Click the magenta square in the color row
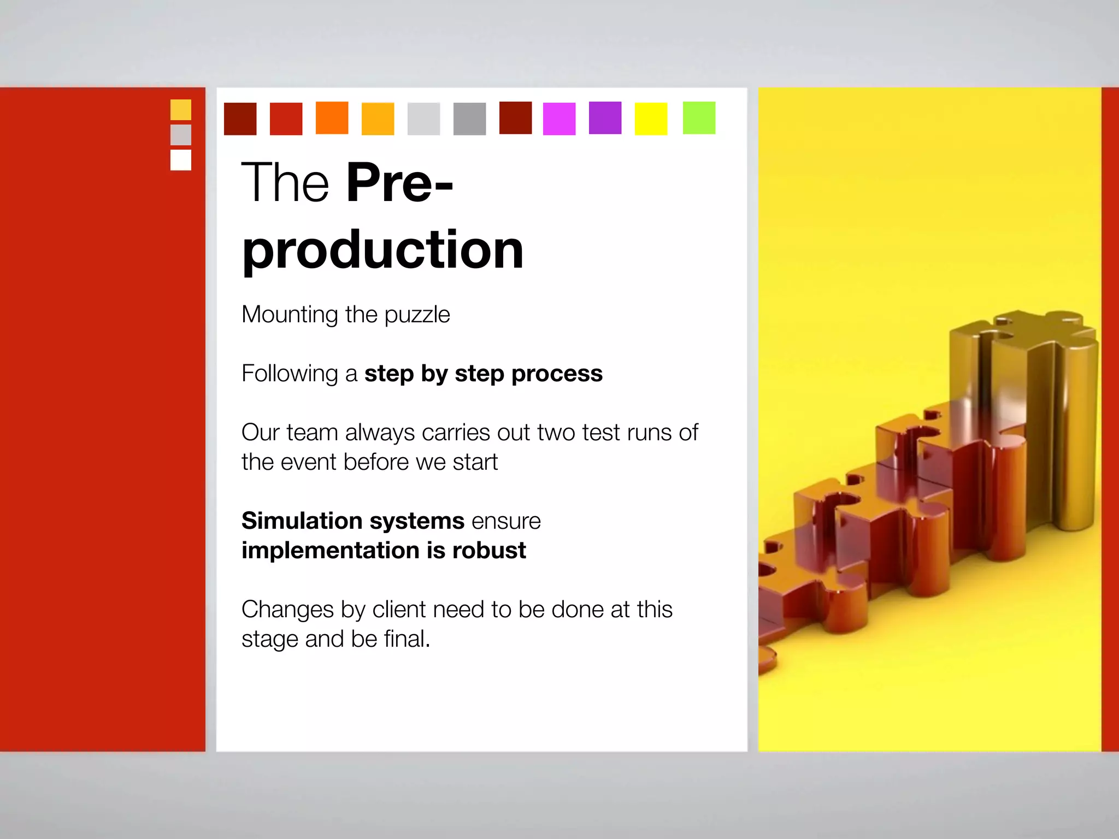(559, 119)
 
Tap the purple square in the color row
(605, 118)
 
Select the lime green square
(699, 118)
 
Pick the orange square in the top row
(332, 118)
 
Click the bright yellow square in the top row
(651, 119)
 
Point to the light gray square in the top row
(423, 119)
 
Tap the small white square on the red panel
(181, 160)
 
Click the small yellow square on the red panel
(181, 110)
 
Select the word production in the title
(382, 250)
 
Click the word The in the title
(285, 183)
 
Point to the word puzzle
(417, 315)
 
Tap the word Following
(290, 374)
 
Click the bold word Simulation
(302, 521)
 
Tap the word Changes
(287, 610)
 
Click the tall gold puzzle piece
(1027, 415)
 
